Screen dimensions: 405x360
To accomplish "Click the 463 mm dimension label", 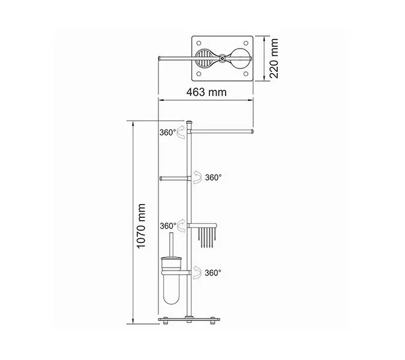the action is [x=206, y=92].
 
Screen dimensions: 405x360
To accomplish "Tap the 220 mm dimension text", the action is [x=274, y=58].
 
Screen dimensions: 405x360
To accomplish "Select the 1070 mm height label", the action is [x=141, y=226].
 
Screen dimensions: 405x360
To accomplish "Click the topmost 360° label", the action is [x=167, y=133].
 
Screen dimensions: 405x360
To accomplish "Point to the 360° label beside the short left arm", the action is [x=213, y=178].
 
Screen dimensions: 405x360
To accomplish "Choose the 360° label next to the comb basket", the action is [x=168, y=226].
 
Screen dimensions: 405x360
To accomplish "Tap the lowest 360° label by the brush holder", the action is [x=213, y=273].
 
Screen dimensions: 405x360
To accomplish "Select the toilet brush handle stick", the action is [x=171, y=245].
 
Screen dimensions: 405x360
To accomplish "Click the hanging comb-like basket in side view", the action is [x=206, y=235].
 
